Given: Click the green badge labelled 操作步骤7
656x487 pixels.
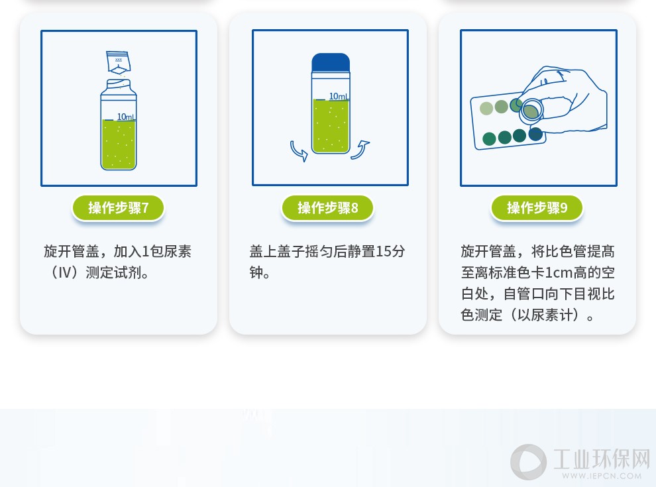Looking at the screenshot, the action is coord(119,207).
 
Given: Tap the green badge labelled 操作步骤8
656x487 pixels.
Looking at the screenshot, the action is coord(327,207).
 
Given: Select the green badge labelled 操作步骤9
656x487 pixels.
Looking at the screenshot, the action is coord(537,207).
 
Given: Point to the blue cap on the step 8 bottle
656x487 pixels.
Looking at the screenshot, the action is coord(331,62).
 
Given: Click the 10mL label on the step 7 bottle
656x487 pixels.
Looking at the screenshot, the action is coord(126,117).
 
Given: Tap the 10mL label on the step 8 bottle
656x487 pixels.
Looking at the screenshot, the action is coord(339,96).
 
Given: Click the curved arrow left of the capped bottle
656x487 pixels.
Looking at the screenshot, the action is coord(299,151).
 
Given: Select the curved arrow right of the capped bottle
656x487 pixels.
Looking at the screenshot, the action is coord(360,150).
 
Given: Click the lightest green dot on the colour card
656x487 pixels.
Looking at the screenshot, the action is coord(486,109).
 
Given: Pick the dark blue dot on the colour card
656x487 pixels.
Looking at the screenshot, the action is coord(535,134).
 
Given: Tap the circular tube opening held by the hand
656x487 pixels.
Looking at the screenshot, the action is coord(531,110).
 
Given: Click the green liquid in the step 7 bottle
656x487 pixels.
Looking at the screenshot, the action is coord(119,144).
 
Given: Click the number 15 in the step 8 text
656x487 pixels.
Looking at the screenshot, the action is coord(383,251).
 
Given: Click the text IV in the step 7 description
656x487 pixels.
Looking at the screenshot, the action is coord(64,273).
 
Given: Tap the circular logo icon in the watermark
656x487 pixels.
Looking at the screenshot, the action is coord(528,462).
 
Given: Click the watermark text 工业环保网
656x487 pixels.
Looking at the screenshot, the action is coord(602,459).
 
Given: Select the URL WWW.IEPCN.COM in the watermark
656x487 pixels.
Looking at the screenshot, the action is coord(602,476).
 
